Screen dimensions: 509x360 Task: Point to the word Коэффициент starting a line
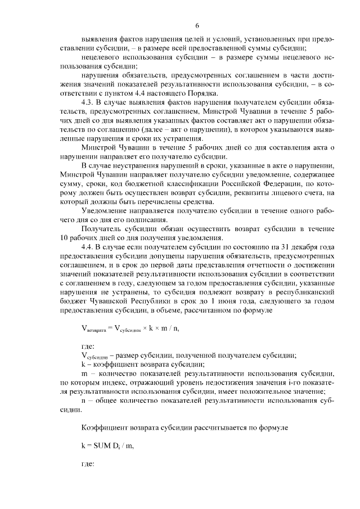tap(106, 427)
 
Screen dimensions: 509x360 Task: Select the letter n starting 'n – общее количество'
tap(83, 400)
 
